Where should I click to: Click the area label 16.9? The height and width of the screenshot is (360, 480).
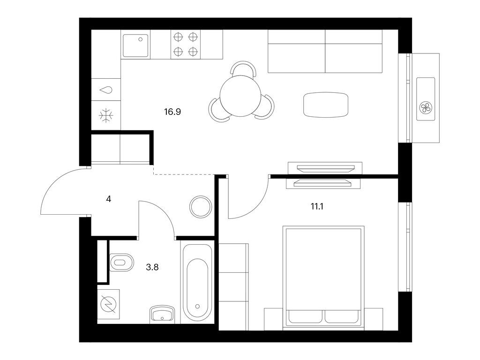(x=172, y=112)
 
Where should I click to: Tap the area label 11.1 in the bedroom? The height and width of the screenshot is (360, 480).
(x=317, y=207)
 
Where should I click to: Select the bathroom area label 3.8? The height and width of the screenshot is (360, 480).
(x=152, y=267)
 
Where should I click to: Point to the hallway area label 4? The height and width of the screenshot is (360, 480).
(x=109, y=199)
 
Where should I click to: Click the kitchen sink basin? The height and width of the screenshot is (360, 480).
(x=135, y=45)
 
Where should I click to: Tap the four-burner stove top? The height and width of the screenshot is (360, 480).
(x=186, y=45)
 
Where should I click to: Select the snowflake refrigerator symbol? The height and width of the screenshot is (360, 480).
(x=106, y=115)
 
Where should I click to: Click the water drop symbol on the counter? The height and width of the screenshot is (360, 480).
(x=106, y=90)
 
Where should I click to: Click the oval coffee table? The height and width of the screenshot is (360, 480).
(x=326, y=105)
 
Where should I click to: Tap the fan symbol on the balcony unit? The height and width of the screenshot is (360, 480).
(x=425, y=108)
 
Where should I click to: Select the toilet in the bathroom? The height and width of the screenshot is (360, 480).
(x=121, y=262)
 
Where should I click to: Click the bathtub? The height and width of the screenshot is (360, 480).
(x=197, y=282)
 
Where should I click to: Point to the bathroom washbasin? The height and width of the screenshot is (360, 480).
(x=162, y=314)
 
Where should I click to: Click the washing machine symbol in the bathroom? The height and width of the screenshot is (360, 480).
(x=108, y=304)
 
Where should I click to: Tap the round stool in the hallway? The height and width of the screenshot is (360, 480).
(x=201, y=207)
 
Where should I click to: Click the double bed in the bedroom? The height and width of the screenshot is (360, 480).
(x=323, y=278)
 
